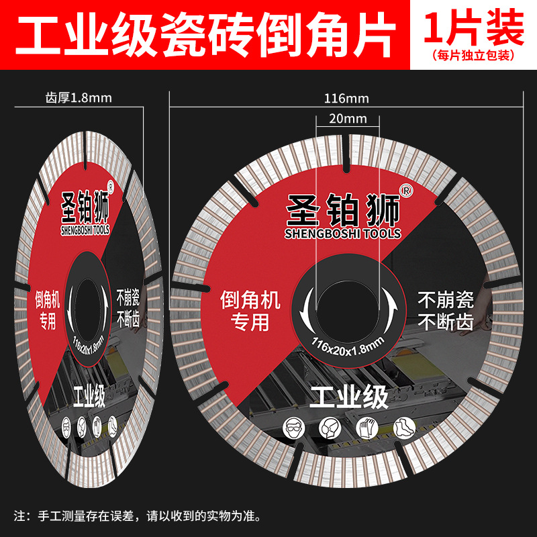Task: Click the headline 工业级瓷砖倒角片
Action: pyautogui.click(x=205, y=33)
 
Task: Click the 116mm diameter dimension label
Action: pyautogui.click(x=346, y=99)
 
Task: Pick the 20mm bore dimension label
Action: pyautogui.click(x=347, y=119)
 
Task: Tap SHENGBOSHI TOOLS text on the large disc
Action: pyautogui.click(x=342, y=234)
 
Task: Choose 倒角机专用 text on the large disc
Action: pyautogui.click(x=250, y=311)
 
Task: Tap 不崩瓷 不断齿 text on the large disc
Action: pyautogui.click(x=445, y=310)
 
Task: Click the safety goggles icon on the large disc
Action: pyautogui.click(x=293, y=426)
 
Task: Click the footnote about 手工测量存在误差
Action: pyautogui.click(x=138, y=516)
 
